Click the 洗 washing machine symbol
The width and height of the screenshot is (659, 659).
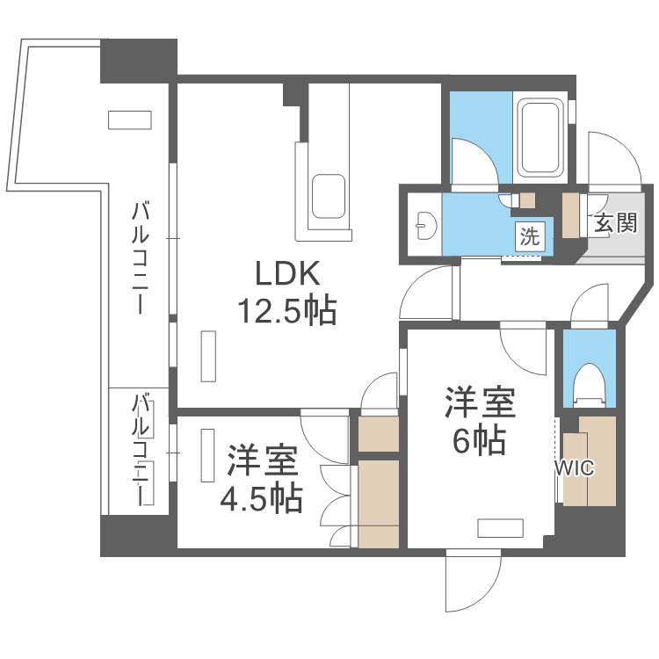530,235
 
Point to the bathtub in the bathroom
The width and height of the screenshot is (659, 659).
541,138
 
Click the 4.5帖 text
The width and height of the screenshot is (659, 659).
261,498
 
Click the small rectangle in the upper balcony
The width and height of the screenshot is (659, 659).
129,120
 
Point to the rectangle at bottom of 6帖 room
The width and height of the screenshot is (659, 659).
501,527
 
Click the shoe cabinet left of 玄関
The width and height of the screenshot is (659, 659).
570,214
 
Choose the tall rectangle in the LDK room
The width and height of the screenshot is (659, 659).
208,356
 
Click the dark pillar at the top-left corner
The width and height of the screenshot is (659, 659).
138,59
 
